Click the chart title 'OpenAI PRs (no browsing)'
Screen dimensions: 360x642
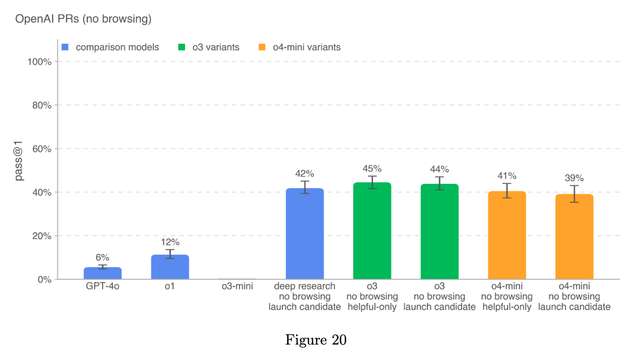coord(83,20)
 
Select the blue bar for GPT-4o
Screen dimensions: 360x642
coord(103,273)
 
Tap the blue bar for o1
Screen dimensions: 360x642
coord(170,267)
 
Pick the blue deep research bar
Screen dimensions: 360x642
coord(305,234)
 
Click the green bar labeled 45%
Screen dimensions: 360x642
coord(372,231)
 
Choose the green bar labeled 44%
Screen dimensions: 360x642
coord(440,232)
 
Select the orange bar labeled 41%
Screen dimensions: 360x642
coord(507,235)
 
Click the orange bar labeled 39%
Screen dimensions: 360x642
coord(574,237)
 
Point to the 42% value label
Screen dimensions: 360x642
coord(305,174)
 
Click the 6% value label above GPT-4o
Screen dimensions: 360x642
coord(103,258)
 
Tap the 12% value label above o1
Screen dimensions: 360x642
coord(170,242)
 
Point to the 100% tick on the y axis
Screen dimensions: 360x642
coord(39,62)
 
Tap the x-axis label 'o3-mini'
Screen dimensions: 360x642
coord(237,286)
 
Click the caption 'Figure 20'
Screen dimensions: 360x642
coord(316,340)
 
